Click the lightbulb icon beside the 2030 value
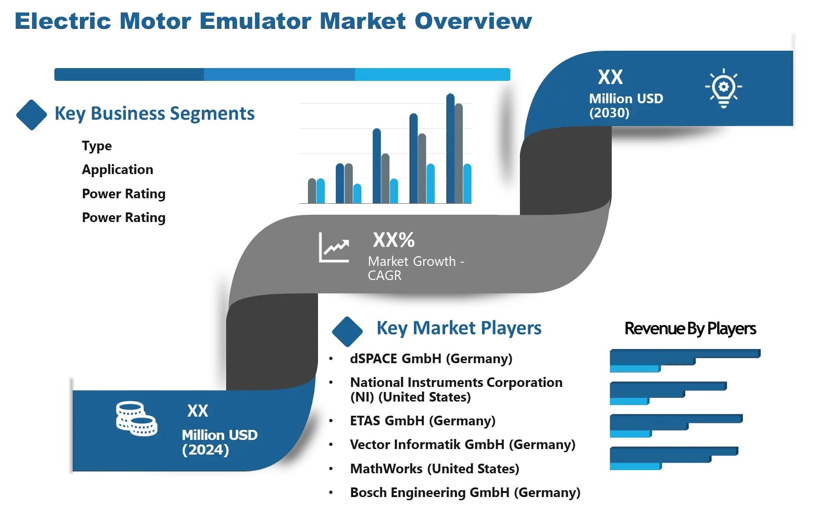point(723,88)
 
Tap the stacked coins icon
point(136,418)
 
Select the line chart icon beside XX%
point(334,248)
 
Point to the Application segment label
point(117,169)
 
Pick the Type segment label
point(97,146)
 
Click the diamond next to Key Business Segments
point(31,115)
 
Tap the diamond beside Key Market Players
point(347,331)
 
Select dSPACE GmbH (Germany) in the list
point(431,359)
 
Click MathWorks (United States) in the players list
point(434,469)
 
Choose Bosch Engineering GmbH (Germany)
point(465,492)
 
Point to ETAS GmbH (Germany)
point(423,421)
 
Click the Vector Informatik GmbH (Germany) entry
point(462,444)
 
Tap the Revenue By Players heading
point(690,328)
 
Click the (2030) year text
point(609,113)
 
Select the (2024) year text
point(205,450)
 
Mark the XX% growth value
point(393,240)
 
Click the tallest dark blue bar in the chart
point(450,148)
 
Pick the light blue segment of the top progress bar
point(432,74)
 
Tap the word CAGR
point(385,275)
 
